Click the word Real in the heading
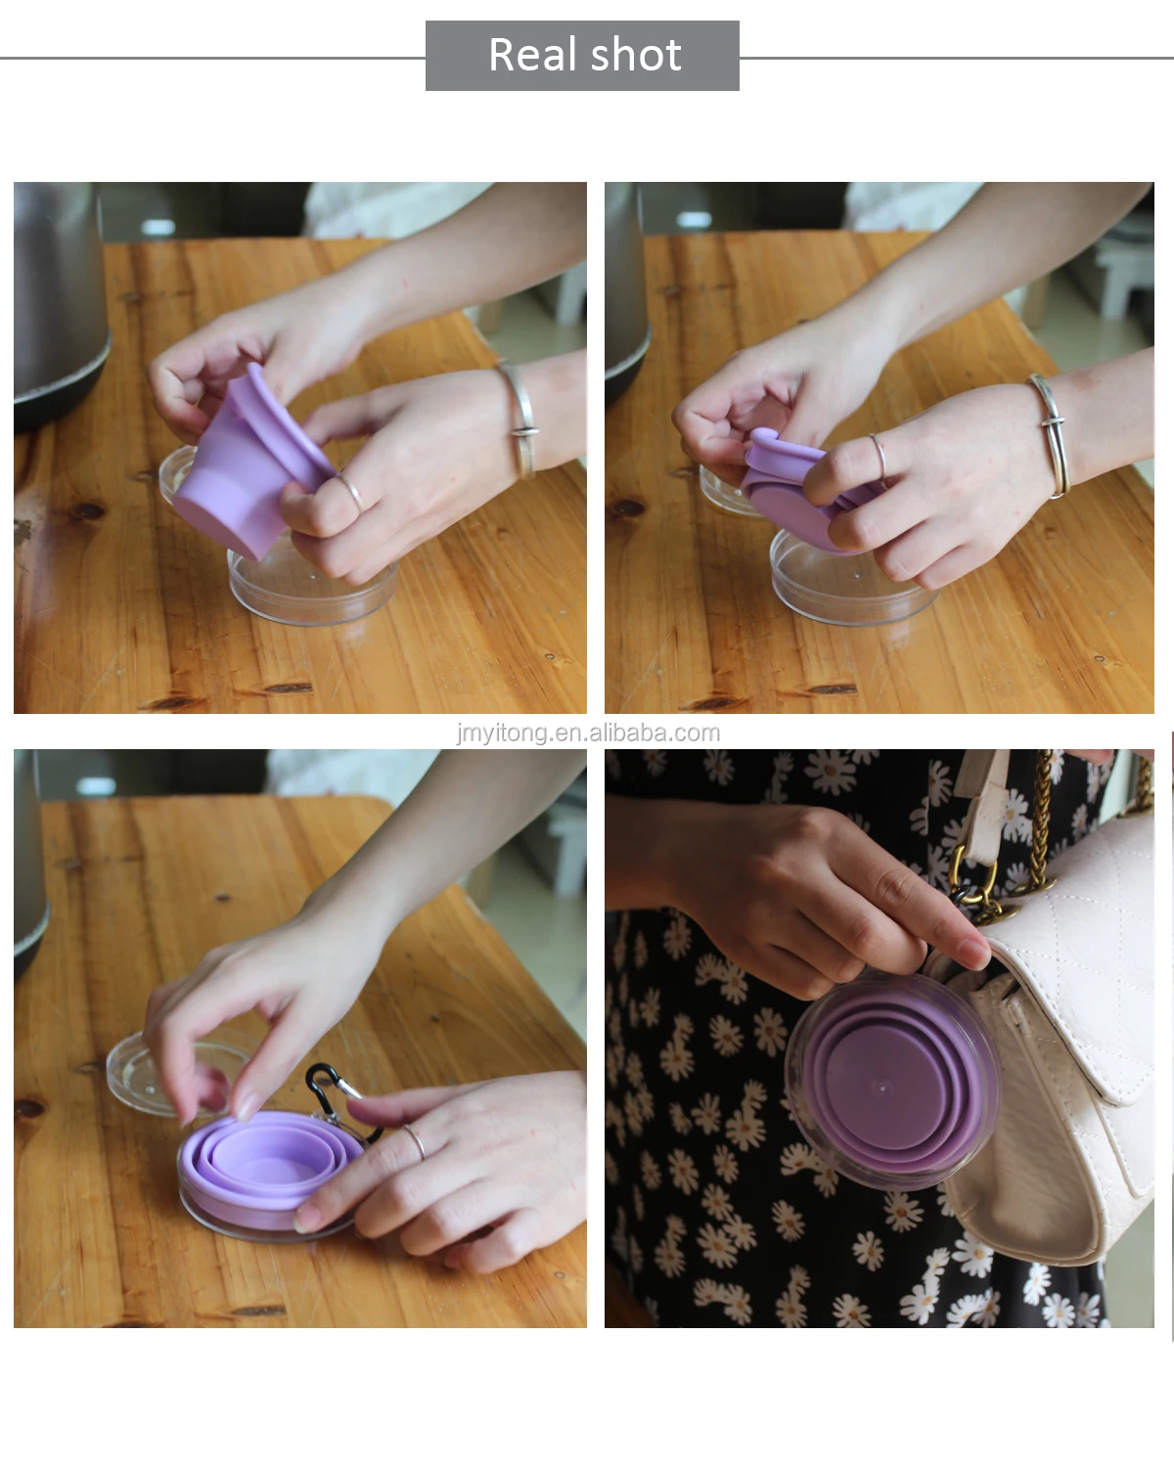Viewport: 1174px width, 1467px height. click(533, 55)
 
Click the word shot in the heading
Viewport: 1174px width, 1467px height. click(636, 55)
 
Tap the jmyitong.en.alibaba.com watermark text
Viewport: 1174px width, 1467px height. click(588, 733)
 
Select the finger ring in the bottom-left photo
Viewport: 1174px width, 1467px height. click(415, 1142)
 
